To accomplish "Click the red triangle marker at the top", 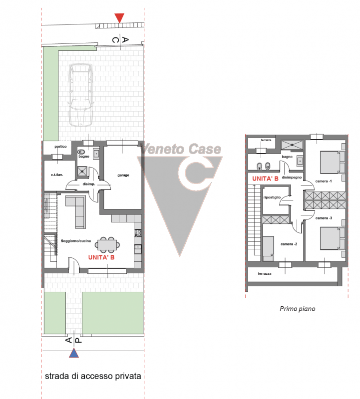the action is (x=119, y=17).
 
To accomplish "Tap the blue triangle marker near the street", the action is (x=74, y=353).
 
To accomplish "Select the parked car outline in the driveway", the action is (x=80, y=95).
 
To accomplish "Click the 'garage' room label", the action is (x=123, y=175).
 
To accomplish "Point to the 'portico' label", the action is (x=60, y=147).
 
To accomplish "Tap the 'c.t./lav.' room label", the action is (x=57, y=175).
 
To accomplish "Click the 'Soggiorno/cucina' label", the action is (x=76, y=241).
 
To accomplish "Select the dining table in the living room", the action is (x=107, y=245).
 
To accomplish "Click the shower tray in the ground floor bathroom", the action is (x=82, y=172).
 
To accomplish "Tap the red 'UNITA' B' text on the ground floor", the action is (x=101, y=257).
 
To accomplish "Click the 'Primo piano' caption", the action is (x=297, y=309).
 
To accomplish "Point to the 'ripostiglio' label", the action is (x=272, y=197).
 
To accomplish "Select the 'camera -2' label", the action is (x=289, y=244).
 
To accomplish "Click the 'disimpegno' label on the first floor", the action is (x=292, y=178).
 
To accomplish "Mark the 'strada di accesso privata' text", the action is (x=93, y=376).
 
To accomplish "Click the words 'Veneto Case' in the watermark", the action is (x=181, y=149).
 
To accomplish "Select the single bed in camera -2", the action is (x=268, y=248).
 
